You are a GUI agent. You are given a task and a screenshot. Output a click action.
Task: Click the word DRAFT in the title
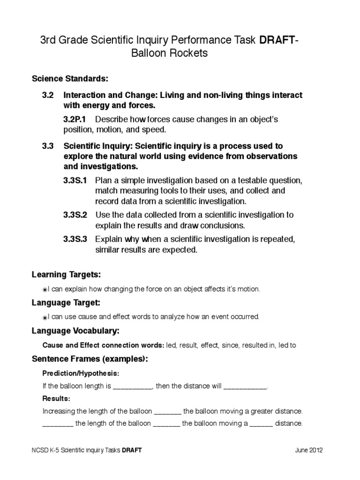click(x=276, y=40)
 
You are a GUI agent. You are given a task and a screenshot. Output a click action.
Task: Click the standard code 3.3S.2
click(x=75, y=215)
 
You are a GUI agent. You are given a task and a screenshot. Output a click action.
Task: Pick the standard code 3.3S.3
click(x=75, y=239)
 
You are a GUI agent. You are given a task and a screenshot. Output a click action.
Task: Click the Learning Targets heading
click(x=66, y=274)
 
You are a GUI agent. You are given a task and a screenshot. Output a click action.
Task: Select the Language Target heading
click(x=66, y=302)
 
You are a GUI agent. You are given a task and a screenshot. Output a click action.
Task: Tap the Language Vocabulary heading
click(x=75, y=331)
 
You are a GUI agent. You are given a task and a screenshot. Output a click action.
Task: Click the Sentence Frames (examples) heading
click(x=90, y=359)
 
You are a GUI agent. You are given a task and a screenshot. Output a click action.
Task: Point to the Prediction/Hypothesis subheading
click(x=81, y=374)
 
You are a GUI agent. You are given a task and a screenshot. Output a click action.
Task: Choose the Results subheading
click(x=56, y=398)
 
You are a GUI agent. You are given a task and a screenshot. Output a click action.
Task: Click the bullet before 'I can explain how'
click(x=45, y=290)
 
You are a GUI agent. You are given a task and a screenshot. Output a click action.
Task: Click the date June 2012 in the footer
click(x=308, y=450)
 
